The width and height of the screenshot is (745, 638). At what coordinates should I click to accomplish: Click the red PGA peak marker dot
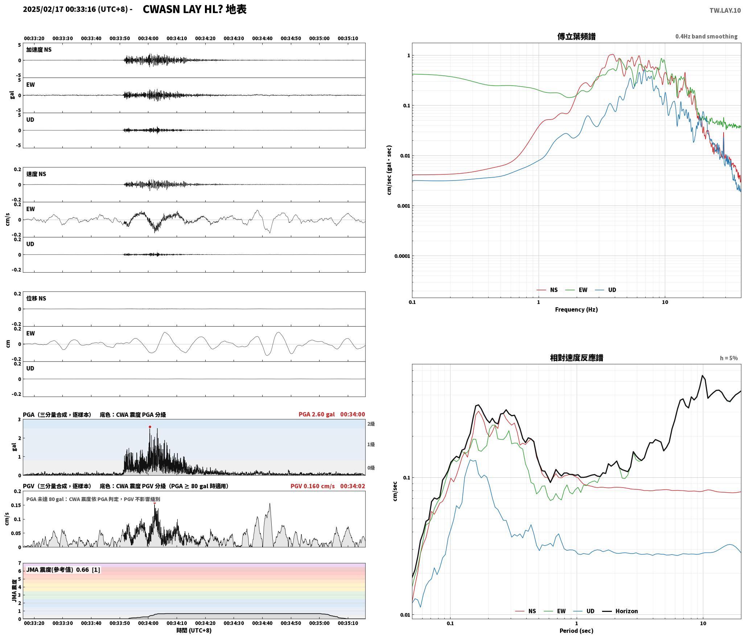point(150,427)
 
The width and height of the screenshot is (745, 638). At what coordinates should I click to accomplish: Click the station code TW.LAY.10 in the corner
point(725,11)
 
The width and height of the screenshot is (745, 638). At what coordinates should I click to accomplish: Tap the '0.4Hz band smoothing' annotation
point(706,37)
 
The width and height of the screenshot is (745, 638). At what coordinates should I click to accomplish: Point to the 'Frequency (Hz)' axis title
point(576,309)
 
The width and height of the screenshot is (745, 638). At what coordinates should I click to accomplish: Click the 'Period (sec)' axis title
point(576,630)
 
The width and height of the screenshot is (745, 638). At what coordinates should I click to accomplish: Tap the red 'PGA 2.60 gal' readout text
point(317,414)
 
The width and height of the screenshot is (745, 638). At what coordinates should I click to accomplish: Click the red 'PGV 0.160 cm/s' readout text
point(313,486)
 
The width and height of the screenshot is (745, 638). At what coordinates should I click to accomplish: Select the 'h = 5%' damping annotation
point(729,358)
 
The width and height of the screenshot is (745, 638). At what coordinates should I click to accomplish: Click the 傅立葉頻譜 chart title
point(576,37)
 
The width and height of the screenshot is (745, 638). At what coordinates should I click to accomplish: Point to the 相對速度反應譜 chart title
point(576,358)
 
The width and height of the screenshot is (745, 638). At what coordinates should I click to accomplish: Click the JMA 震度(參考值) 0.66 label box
point(63,570)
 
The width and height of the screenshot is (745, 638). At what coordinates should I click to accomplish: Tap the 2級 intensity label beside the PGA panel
point(371,424)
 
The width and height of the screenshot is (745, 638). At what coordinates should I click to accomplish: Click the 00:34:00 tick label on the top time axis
point(148,38)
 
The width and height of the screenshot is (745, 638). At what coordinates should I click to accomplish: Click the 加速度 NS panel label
point(39,50)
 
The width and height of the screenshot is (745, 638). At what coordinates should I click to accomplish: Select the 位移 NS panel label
point(36,298)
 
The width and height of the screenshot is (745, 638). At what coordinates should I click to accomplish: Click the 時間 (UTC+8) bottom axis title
point(194,630)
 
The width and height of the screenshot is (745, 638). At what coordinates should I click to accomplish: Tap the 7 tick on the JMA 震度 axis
point(20,563)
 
